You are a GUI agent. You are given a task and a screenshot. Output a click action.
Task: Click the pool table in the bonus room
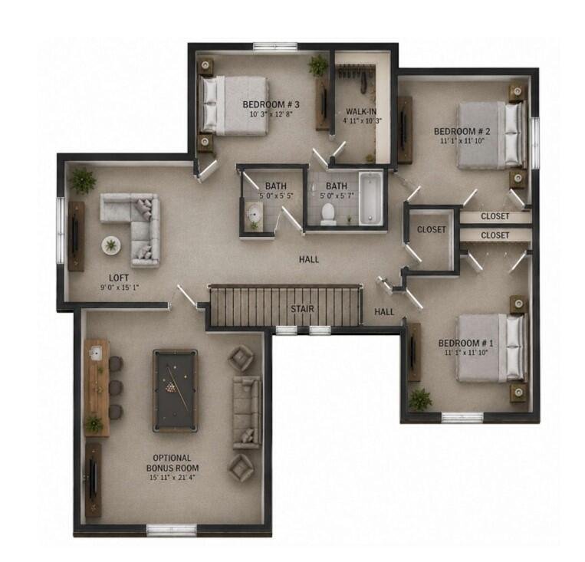(175, 390)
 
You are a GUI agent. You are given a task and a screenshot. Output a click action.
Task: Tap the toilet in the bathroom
(329, 214)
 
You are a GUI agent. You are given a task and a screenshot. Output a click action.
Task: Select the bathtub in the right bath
(371, 199)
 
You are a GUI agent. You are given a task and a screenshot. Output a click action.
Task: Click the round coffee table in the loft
(110, 245)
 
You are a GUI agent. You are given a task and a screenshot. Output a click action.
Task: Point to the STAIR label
(303, 309)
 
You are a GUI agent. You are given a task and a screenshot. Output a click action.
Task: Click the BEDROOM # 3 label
(271, 104)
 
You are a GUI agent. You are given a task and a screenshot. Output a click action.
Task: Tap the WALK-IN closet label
(361, 111)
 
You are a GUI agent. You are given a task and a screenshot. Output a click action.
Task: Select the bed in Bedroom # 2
(490, 135)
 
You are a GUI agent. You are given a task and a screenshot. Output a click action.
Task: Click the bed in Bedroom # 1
(490, 348)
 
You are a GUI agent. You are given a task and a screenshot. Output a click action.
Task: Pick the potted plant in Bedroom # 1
(420, 399)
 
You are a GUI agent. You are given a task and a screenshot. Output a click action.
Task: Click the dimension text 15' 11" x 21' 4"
(173, 478)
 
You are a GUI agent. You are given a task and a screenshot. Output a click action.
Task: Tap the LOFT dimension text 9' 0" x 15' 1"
(119, 288)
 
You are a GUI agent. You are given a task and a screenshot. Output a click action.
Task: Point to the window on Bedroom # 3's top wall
(275, 47)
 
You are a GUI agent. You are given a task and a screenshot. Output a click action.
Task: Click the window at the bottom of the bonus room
(172, 530)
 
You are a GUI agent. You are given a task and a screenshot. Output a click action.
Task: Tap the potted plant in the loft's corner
(83, 181)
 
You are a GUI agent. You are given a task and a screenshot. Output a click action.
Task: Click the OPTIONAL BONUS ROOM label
(173, 463)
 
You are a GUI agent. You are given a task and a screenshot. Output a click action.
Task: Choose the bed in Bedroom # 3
(233, 106)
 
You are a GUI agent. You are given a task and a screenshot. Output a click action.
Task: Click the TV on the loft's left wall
(76, 237)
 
